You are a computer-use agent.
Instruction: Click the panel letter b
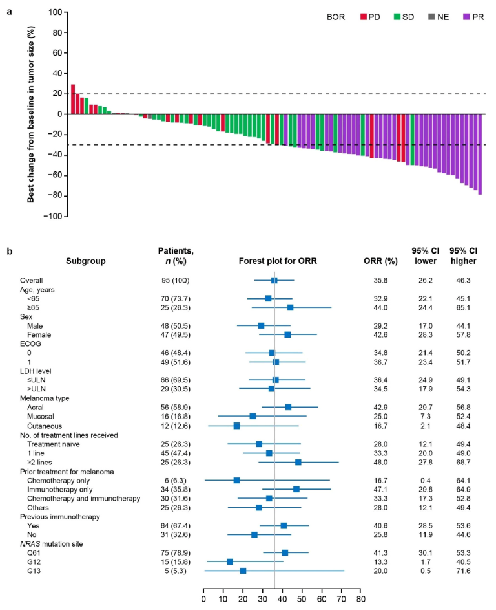click(x=9, y=248)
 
